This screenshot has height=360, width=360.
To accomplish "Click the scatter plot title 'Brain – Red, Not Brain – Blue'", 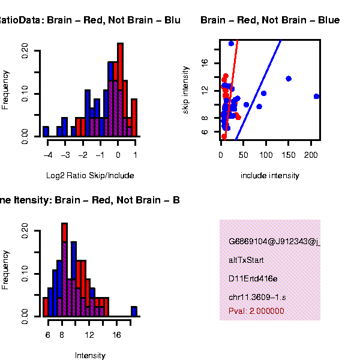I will click(x=270, y=20).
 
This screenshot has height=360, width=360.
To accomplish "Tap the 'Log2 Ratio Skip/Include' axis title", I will click(x=90, y=176).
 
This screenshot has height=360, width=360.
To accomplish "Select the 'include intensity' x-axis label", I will click(x=269, y=176).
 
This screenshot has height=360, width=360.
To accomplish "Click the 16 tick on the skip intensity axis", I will click(x=205, y=62).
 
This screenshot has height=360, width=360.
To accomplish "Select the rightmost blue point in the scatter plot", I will click(x=317, y=96).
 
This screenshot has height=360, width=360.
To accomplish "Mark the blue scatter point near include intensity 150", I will click(x=289, y=79).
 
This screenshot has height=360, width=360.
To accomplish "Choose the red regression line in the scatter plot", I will click(x=232, y=78).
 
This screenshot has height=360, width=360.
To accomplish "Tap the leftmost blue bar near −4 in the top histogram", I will click(x=46, y=131).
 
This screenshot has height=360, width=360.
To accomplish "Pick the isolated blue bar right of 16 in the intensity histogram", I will click(x=134, y=311).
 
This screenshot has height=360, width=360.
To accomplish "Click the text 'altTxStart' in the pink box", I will click(x=246, y=260).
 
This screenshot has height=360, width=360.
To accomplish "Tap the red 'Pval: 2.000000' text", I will click(x=257, y=311).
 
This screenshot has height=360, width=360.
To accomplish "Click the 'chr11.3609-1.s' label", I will click(x=257, y=297).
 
